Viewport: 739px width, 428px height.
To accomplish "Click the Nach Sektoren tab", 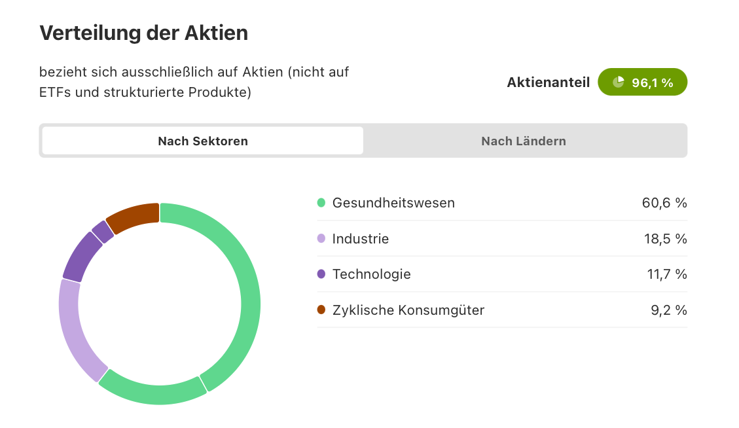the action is tap(203, 141).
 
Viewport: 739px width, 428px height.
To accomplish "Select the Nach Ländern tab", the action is tap(524, 141).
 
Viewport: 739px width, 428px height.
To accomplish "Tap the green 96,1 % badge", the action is tap(642, 82).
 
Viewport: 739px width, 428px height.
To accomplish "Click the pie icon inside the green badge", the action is tap(618, 82).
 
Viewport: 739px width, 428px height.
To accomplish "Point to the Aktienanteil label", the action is tap(548, 82).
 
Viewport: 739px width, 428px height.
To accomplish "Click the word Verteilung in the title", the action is tap(90, 33).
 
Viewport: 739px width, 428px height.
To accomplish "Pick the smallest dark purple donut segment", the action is tap(103, 232).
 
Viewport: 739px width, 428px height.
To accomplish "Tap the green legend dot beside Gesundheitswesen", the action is tap(321, 203).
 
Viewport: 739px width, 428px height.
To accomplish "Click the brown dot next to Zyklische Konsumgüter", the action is tap(321, 310).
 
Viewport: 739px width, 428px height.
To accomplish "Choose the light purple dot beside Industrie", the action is tap(321, 238).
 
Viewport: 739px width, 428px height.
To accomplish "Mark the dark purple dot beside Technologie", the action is tap(321, 274).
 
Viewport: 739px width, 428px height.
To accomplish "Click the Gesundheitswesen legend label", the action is tap(393, 203).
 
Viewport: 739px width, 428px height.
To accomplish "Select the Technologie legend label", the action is tap(371, 274).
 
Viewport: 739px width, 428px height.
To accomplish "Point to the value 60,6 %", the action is tap(664, 203).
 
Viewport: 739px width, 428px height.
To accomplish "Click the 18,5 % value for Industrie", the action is tap(666, 238).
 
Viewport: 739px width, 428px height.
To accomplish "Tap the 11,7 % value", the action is tap(667, 274).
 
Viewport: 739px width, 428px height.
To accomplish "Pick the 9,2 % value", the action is tap(669, 310).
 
